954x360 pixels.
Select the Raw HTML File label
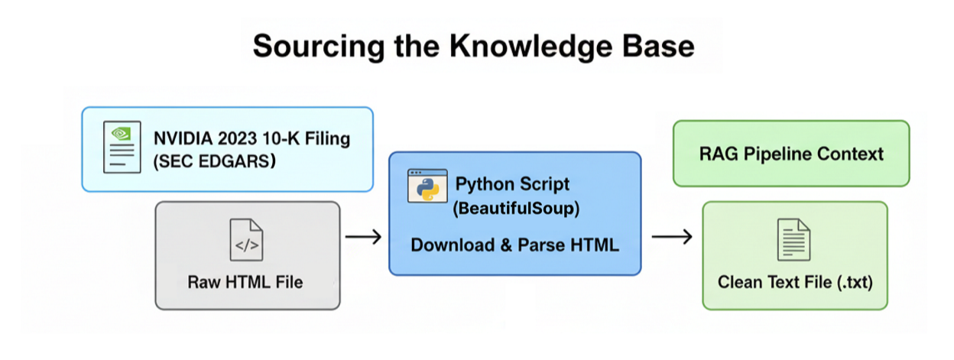click(x=245, y=282)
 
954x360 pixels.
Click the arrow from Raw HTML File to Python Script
click(x=363, y=238)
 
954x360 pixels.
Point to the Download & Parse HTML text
click(x=514, y=245)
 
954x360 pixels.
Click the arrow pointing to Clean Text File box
click(x=672, y=238)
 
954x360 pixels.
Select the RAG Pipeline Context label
click(x=791, y=154)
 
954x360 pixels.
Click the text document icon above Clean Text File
click(x=793, y=239)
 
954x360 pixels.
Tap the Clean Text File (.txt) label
click(x=795, y=282)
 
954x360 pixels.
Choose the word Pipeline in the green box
click(x=780, y=154)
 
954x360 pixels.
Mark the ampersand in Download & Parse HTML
click(x=505, y=245)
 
